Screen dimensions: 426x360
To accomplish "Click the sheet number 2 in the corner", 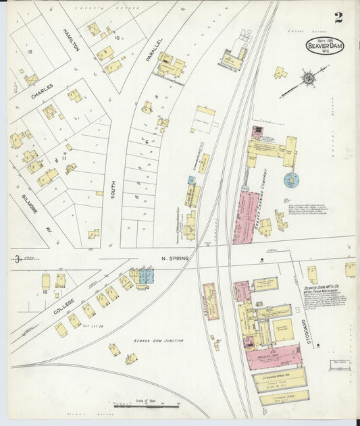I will (x=338, y=18).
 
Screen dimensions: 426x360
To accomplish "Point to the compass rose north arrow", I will (x=307, y=78).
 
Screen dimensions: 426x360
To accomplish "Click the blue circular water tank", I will (x=291, y=180).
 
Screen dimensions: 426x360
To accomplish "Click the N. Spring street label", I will (x=174, y=258).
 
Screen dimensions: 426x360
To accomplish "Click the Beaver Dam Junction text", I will (x=158, y=341).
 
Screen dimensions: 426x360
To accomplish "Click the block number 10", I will (x=118, y=38).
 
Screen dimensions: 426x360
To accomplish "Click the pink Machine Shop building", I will (x=273, y=356).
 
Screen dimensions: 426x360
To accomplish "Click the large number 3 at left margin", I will (x=16, y=259).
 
